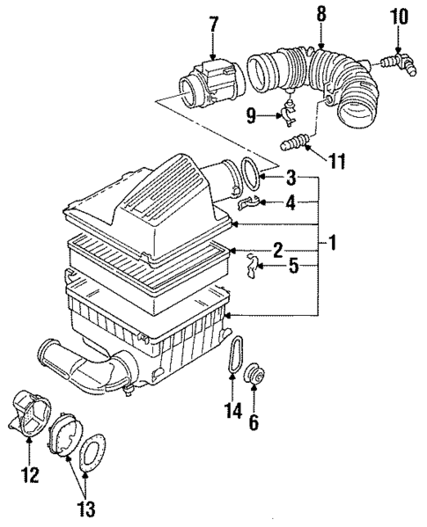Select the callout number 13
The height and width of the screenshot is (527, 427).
[x=86, y=509]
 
